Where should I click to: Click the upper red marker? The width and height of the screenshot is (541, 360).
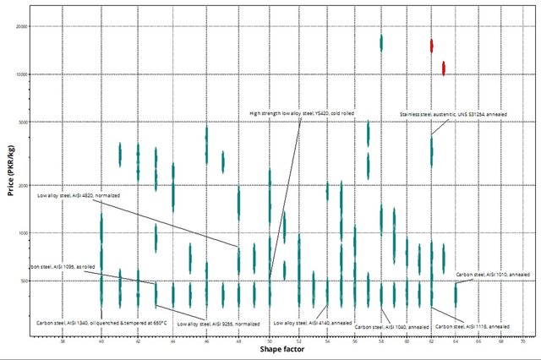click(431, 46)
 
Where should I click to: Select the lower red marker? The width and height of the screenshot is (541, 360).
click(443, 68)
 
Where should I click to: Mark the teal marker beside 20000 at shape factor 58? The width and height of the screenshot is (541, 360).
click(381, 42)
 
